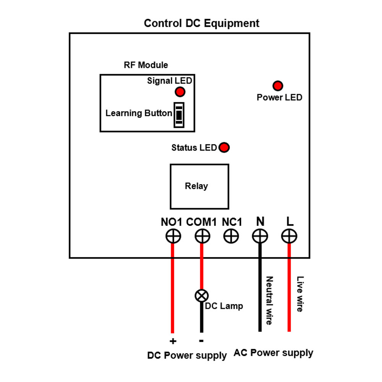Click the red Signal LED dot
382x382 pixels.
180,92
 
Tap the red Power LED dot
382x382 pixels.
278,86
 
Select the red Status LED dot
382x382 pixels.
224,147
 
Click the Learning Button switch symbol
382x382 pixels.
179,115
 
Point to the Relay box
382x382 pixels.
199,186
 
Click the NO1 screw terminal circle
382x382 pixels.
173,236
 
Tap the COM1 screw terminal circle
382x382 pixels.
202,236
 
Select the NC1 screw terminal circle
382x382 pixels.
231,236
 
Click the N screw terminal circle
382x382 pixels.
260,236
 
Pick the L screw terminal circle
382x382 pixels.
289,236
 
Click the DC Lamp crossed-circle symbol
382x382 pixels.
202,295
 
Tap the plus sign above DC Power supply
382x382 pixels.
173,341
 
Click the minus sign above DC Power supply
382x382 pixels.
201,340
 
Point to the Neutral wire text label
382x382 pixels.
269,301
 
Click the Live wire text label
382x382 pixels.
300,294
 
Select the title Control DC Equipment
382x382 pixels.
201,23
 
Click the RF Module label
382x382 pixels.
146,65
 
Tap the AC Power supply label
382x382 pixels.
274,353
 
